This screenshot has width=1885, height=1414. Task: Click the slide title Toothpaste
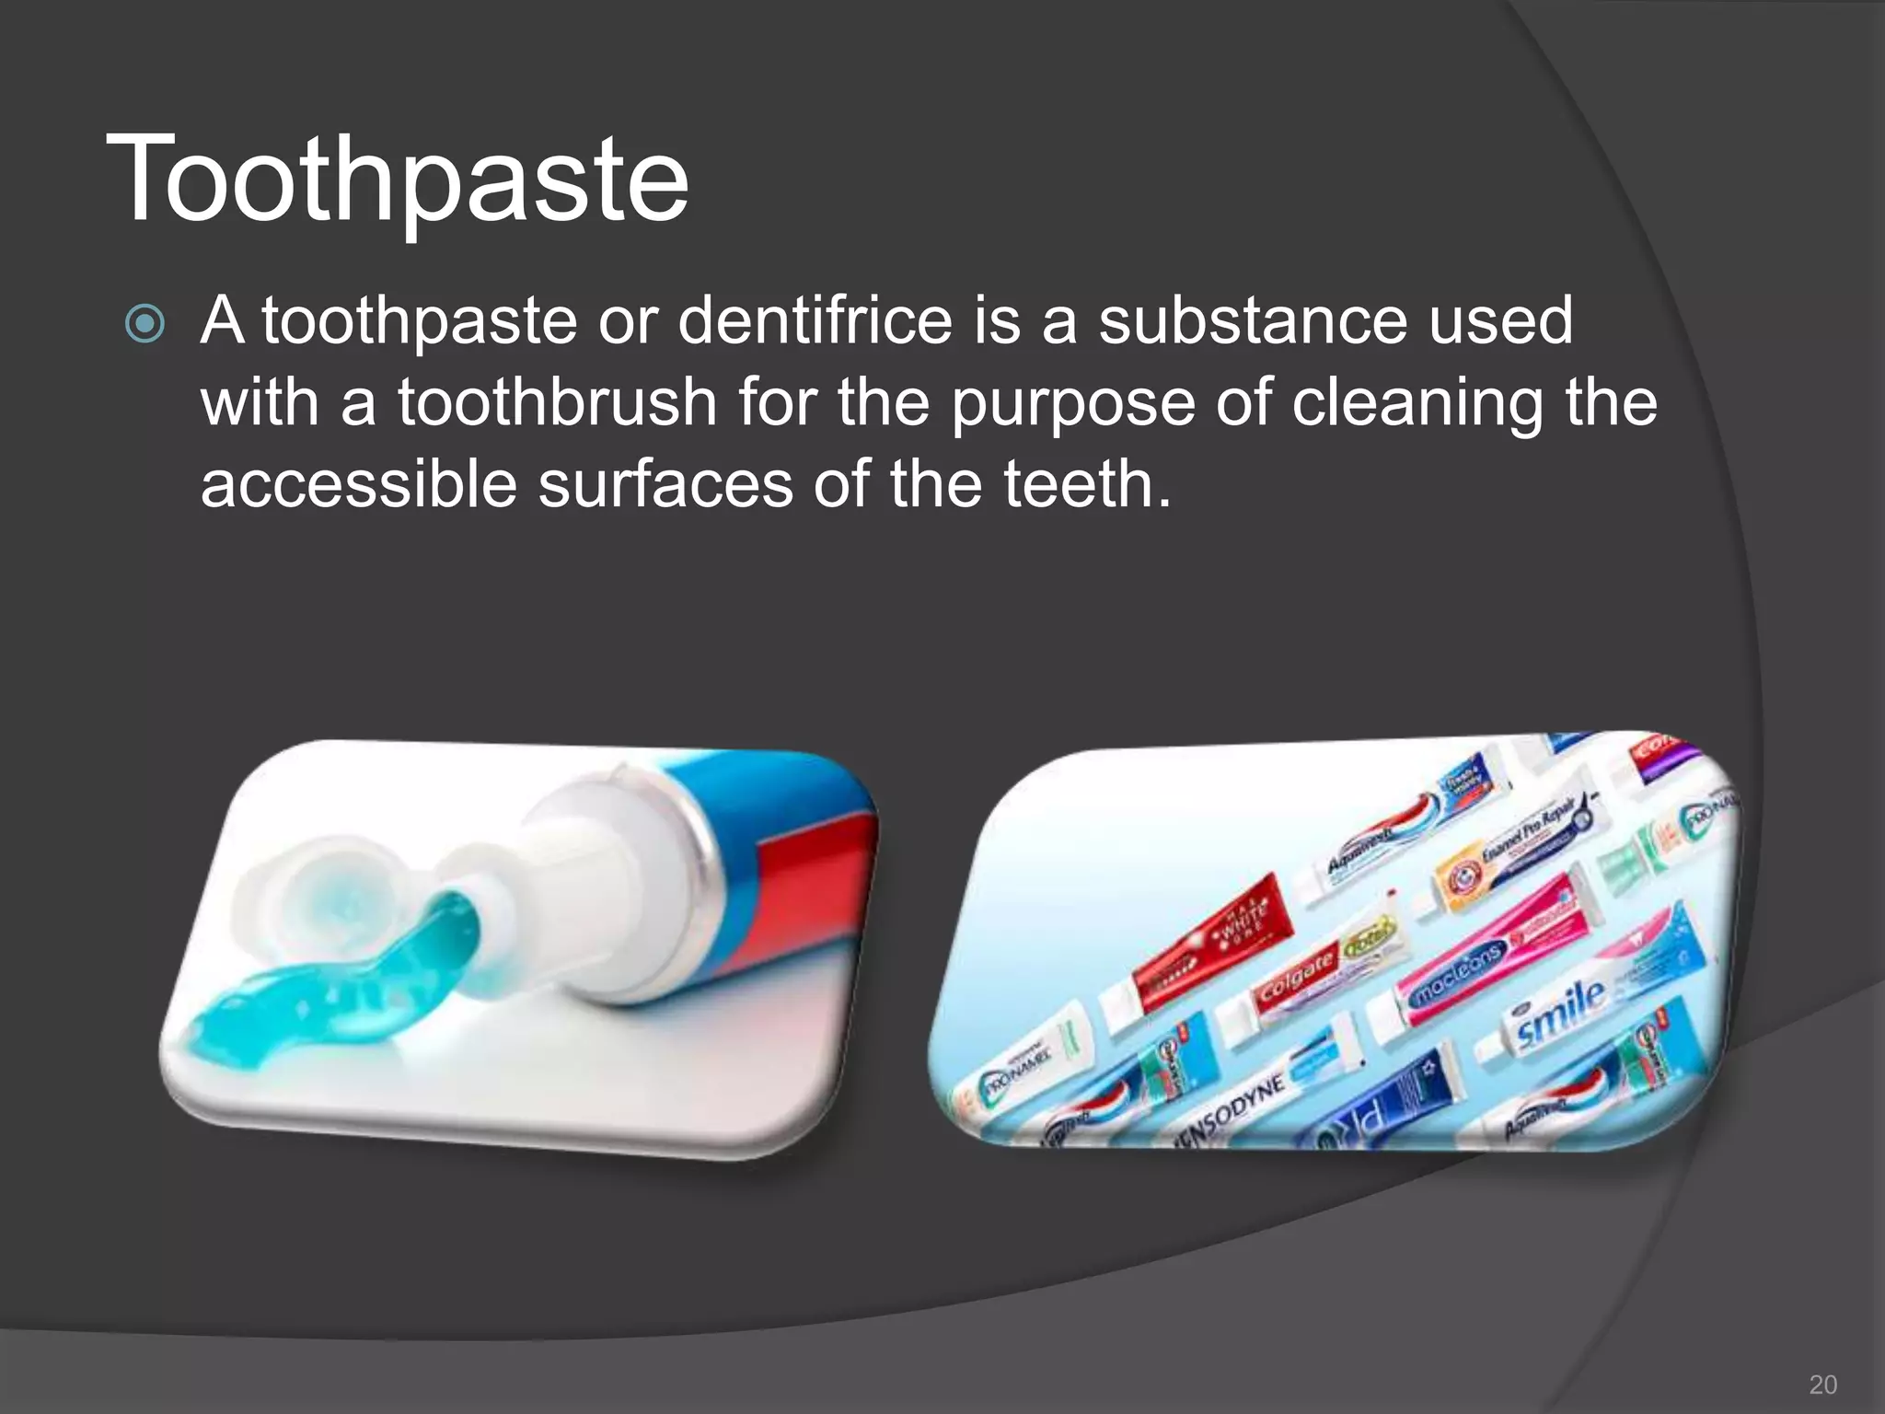coord(397,179)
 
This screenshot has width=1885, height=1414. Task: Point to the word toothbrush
coord(557,402)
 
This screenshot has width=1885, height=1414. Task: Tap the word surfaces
coord(665,484)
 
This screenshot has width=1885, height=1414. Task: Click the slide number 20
coord(1822,1385)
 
